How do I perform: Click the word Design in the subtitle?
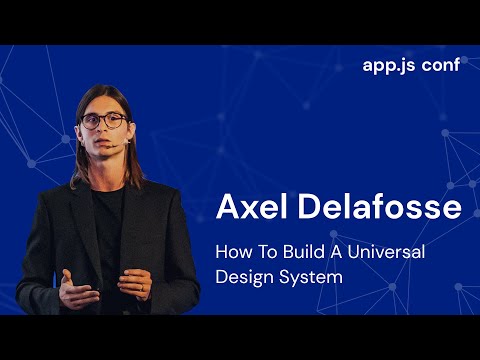pos(244,276)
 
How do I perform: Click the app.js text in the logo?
pos(389,67)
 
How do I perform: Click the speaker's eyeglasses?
pos(103,121)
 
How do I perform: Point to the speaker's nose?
pos(104,131)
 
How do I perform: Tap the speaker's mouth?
pos(106,145)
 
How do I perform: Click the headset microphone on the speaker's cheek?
pos(123,143)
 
